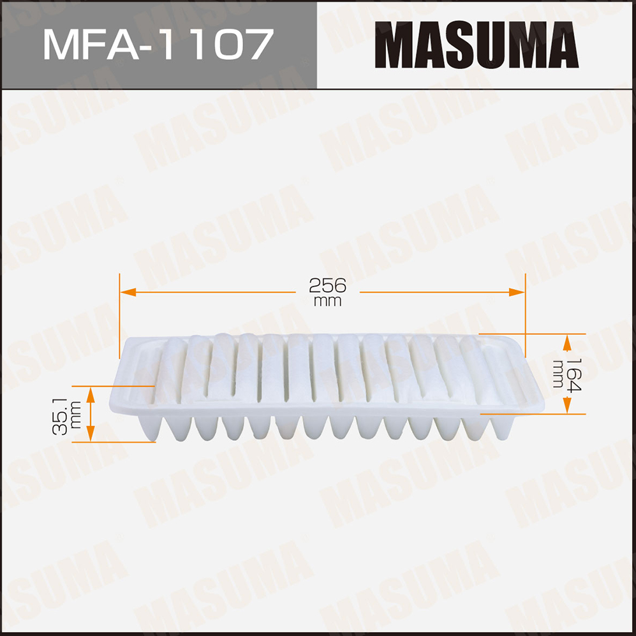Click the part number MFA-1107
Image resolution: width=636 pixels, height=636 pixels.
158,44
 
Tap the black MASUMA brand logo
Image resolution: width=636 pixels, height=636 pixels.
477,45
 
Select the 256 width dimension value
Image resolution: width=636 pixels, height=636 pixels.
327,286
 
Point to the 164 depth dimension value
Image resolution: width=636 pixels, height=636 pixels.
574,375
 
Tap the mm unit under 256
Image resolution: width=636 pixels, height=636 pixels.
327,301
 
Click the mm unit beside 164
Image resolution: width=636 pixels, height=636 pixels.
558,374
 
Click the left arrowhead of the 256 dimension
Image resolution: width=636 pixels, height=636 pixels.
128,292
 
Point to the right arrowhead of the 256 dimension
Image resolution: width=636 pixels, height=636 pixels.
517,292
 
